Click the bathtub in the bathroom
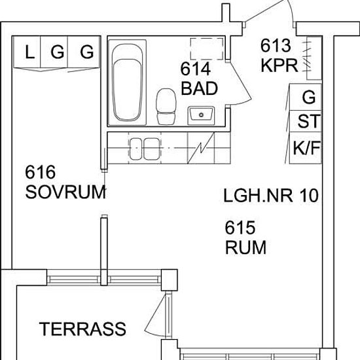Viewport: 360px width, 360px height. tap(127, 82)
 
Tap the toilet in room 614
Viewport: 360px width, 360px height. tap(166, 107)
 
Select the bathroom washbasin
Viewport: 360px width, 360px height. tap(201, 115)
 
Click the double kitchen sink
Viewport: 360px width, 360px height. tap(145, 149)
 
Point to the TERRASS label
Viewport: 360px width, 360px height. tap(82, 329)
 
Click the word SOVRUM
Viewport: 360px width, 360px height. tap(65, 192)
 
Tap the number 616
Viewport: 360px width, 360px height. tap(41, 172)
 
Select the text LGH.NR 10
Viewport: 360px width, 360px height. tap(271, 196)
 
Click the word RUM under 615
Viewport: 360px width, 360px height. tap(246, 247)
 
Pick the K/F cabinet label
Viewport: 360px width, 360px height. tap(306, 148)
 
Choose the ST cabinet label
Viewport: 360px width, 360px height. tap(309, 121)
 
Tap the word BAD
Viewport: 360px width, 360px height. tap(200, 88)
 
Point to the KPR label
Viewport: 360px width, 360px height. tap(279, 65)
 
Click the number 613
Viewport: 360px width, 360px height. tap(276, 45)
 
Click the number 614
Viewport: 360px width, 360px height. tap(196, 69)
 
